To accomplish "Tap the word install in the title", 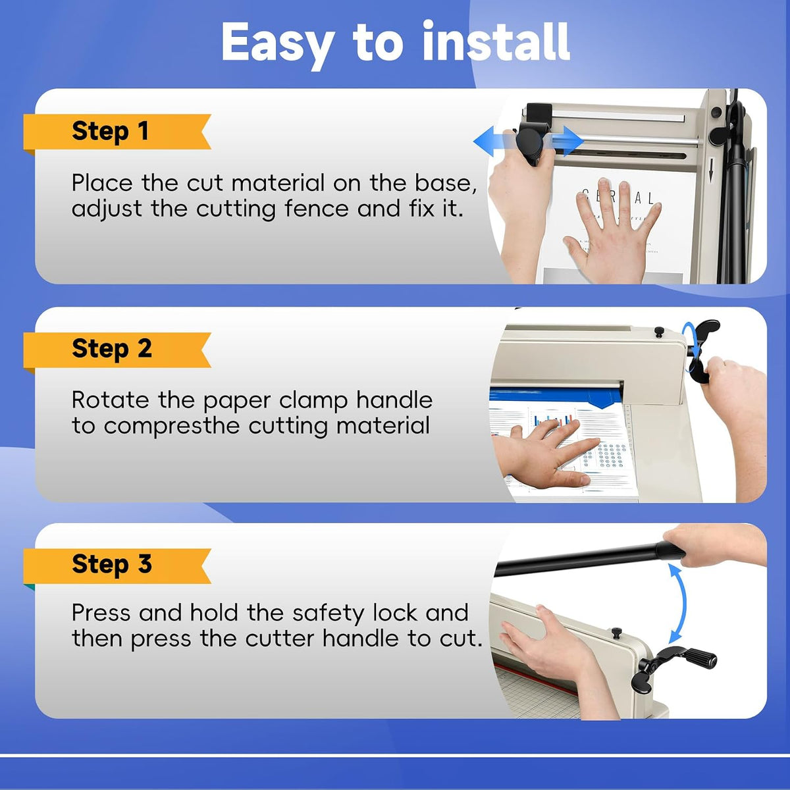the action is tap(496, 41).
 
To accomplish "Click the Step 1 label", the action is tap(110, 132).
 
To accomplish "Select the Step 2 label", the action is tap(111, 349).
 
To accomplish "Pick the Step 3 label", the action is tap(111, 564).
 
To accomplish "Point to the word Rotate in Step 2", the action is tap(111, 400).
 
